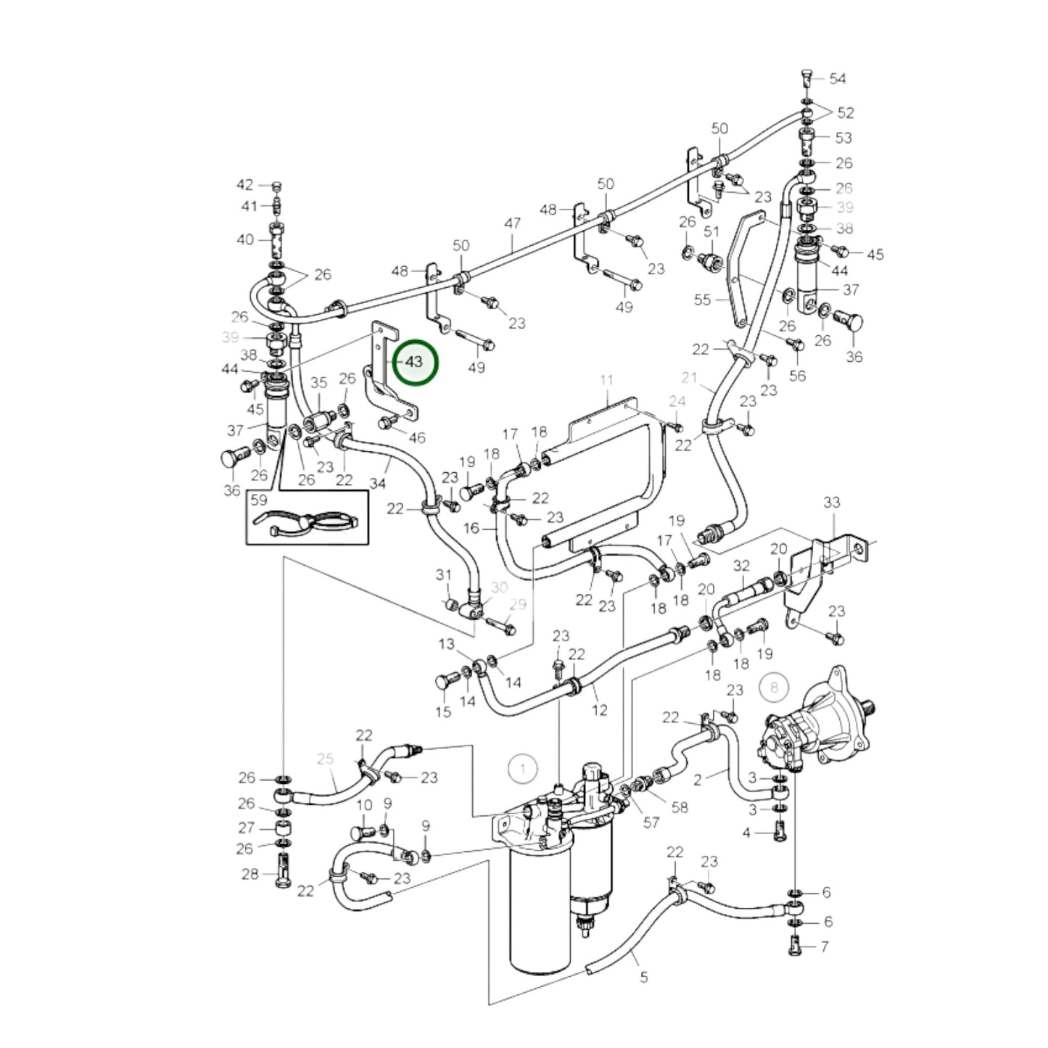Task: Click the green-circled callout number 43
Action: click(415, 361)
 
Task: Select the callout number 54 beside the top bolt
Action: click(838, 78)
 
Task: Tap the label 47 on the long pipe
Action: click(513, 223)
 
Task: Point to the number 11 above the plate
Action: click(607, 380)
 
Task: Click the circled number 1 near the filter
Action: click(522, 768)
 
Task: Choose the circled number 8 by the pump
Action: click(773, 687)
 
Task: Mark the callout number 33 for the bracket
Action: click(832, 502)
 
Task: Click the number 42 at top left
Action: click(245, 185)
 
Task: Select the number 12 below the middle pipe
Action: click(599, 710)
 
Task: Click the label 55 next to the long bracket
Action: click(702, 300)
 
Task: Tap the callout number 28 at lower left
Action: click(249, 874)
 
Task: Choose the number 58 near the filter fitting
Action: click(679, 806)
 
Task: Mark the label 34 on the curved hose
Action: click(378, 482)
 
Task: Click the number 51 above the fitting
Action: click(712, 231)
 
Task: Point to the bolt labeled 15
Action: click(445, 682)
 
